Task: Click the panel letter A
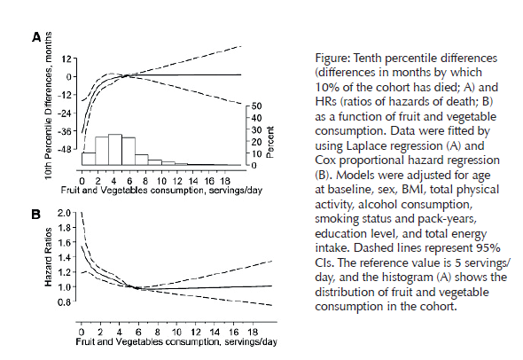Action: coord(36,37)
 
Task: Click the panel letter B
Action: coord(35,215)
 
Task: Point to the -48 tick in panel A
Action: coord(65,149)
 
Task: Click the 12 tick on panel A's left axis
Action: coord(66,59)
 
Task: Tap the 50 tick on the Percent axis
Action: coord(257,106)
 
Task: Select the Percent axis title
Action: coord(270,142)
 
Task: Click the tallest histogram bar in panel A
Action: coord(115,150)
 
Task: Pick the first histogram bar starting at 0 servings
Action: coord(89,159)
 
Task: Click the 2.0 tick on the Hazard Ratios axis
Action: coord(65,213)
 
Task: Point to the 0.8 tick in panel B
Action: coord(65,302)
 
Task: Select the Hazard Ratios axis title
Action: coord(49,257)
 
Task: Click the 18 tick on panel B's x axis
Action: coord(253,332)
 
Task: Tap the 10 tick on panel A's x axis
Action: coord(161,181)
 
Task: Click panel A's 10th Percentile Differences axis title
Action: coord(49,106)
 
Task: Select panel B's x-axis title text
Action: coord(176,342)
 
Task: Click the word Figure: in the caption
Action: coord(332,58)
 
